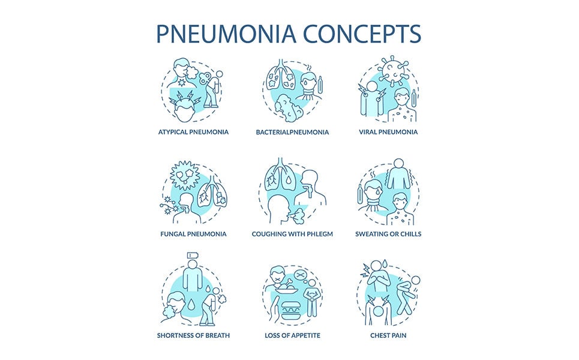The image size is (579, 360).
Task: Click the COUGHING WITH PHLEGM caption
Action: (292, 234)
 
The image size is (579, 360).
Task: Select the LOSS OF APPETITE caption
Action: (292, 335)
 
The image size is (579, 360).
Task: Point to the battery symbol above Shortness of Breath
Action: (191, 255)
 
